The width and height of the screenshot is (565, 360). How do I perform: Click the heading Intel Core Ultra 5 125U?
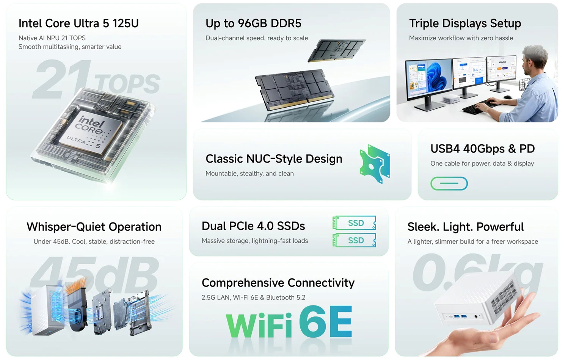point(78,23)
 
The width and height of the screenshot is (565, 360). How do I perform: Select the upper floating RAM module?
point(336,50)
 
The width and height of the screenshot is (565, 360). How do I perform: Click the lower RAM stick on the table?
point(294,89)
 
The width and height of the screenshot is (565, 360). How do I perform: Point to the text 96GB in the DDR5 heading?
point(253,23)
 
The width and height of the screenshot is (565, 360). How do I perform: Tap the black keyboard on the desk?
point(479,107)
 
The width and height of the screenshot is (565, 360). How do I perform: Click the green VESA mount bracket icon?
point(375,164)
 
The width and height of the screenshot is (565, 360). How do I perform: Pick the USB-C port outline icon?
point(449,183)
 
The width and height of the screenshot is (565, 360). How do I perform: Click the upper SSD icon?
point(354,223)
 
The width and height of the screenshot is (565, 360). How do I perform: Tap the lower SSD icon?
point(354,240)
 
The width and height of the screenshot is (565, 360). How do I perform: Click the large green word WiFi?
point(259,325)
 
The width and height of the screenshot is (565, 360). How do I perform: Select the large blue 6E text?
point(325,321)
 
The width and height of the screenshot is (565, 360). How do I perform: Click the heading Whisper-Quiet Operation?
point(94,227)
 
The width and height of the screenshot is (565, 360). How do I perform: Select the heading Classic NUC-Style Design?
point(274,159)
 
